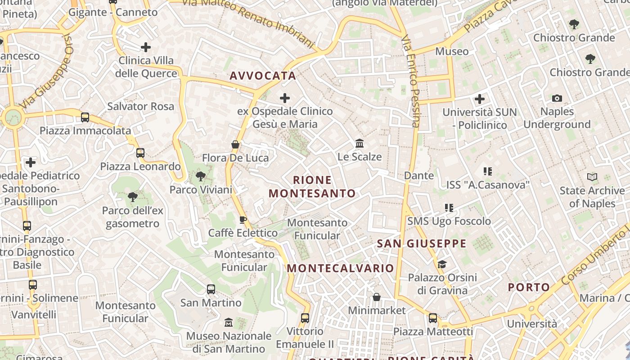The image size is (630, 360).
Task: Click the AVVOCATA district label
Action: click(263, 76)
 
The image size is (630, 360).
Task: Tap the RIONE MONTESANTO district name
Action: click(312, 187)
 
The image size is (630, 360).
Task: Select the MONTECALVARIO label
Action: click(340, 268)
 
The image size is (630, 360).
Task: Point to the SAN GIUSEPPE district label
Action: click(422, 244)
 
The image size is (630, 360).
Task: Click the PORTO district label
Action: click(529, 287)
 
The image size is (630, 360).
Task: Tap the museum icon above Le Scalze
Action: click(360, 144)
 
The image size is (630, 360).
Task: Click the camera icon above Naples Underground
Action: click(557, 98)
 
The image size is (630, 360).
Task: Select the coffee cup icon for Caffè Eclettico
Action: click(243, 220)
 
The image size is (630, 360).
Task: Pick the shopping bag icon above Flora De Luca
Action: click(235, 144)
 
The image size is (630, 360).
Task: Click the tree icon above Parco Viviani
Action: click(201, 176)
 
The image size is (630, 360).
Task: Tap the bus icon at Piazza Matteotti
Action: click(433, 318)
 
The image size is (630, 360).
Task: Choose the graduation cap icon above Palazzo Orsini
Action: click(442, 264)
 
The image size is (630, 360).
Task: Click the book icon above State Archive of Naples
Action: click(592, 177)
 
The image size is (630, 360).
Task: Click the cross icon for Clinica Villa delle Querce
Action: click(146, 47)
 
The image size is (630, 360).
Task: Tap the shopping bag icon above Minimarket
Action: click(377, 297)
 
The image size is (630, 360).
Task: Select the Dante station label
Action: click(419, 175)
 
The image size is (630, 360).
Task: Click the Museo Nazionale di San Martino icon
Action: click(229, 323)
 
